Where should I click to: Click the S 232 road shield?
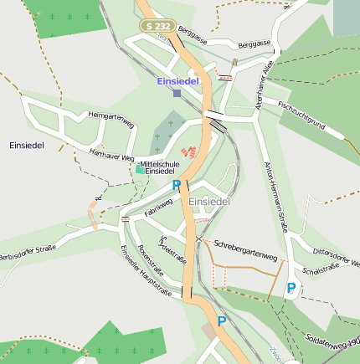coord(159,27)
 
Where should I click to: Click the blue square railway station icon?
coord(177,93)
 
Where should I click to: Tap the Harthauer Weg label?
coord(110,155)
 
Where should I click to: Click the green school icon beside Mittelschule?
coord(139,169)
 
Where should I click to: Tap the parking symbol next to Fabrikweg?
coord(176,185)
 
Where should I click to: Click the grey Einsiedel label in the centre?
coord(209,203)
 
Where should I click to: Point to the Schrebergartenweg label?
coord(245,250)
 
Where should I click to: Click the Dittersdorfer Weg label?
coord(336,256)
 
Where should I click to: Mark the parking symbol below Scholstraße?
coord(291,288)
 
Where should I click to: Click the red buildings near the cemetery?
coord(192,153)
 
